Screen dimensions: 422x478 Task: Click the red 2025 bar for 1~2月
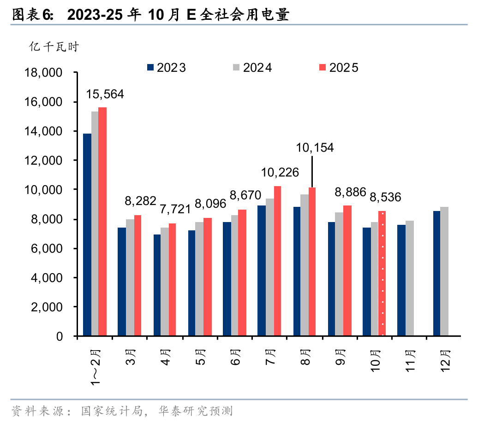[x=102, y=221]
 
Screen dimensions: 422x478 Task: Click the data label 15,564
[x=105, y=94]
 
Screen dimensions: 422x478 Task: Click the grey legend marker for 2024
[x=236, y=68]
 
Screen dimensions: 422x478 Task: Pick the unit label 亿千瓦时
[x=54, y=47]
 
